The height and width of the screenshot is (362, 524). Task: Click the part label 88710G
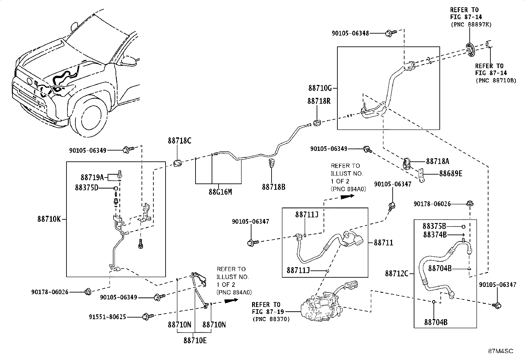click(x=320, y=88)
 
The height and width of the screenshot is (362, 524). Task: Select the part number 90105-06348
click(x=350, y=34)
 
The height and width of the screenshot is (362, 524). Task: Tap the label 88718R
click(x=319, y=101)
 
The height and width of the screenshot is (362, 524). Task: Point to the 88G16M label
click(x=220, y=192)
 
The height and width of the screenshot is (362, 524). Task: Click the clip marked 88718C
click(x=177, y=162)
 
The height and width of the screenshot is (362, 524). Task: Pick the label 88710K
click(x=49, y=219)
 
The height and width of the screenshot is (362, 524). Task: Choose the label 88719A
click(x=92, y=178)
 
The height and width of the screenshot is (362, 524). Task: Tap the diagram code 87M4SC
click(x=501, y=351)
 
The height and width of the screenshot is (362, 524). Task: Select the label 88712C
click(x=397, y=273)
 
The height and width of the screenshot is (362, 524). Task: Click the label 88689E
click(x=451, y=174)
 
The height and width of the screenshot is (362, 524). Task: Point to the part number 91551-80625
click(x=107, y=317)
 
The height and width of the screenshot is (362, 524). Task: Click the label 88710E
click(x=195, y=341)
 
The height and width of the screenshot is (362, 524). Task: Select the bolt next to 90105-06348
click(x=391, y=33)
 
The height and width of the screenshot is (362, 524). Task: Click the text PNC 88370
click(x=271, y=319)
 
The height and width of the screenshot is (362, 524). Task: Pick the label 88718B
click(x=274, y=187)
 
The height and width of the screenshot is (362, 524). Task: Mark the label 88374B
click(x=435, y=235)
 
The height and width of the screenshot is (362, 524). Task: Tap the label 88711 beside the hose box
click(x=383, y=242)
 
